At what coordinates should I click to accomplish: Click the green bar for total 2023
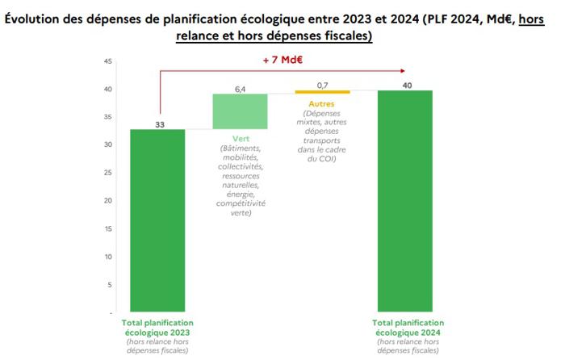157,220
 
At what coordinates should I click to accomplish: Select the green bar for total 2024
406,201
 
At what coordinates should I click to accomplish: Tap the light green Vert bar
240,111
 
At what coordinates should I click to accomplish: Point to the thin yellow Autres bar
322,92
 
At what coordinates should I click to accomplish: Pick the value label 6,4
240,87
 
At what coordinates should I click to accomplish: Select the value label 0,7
322,85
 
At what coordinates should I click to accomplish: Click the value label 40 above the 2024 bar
406,83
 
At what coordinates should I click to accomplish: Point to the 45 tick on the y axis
108,61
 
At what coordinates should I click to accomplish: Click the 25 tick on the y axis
108,173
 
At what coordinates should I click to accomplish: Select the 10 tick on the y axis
108,256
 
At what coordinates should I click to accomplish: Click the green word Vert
240,139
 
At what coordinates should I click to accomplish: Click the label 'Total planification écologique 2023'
157,326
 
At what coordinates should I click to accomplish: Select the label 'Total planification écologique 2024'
406,326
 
